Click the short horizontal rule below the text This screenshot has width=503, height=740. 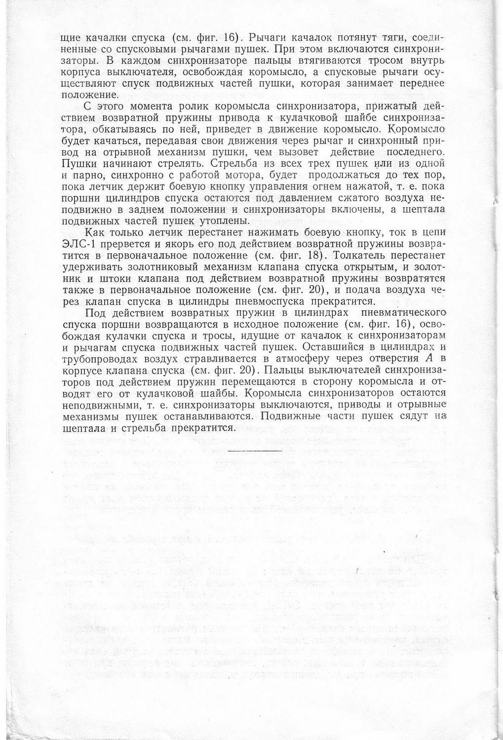tap(255, 450)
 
